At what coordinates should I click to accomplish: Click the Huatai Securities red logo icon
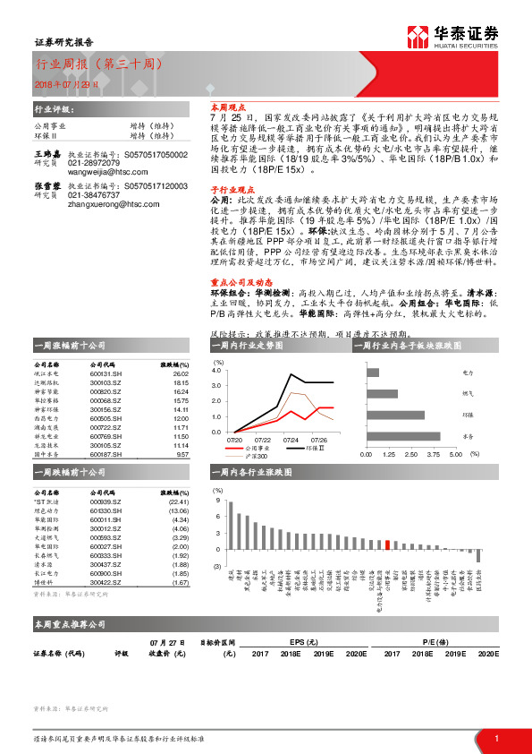(x=418, y=36)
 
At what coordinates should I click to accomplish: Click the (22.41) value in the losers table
(x=179, y=501)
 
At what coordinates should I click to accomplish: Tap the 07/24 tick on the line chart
(x=291, y=440)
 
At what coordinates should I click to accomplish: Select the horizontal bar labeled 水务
(x=403, y=436)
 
